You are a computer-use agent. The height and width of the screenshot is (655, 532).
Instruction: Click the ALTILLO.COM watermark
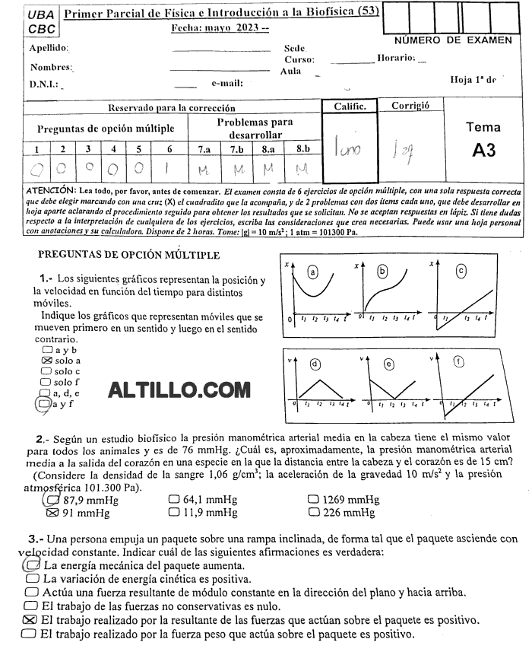click(x=179, y=390)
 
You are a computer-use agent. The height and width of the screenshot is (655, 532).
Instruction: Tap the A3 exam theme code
click(x=483, y=150)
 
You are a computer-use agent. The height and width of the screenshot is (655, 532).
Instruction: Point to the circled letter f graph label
click(x=460, y=363)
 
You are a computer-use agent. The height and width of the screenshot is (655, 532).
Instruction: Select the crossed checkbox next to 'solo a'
click(x=47, y=360)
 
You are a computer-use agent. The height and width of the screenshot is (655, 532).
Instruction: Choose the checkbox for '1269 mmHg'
click(x=312, y=500)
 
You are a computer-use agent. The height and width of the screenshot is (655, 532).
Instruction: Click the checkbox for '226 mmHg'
click(x=312, y=513)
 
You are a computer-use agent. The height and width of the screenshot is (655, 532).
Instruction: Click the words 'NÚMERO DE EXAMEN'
click(x=453, y=40)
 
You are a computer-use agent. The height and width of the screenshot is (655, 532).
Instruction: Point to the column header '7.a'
click(x=204, y=149)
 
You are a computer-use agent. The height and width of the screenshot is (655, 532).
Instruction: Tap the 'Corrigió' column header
click(x=410, y=106)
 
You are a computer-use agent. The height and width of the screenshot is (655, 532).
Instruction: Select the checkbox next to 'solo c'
click(x=47, y=371)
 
